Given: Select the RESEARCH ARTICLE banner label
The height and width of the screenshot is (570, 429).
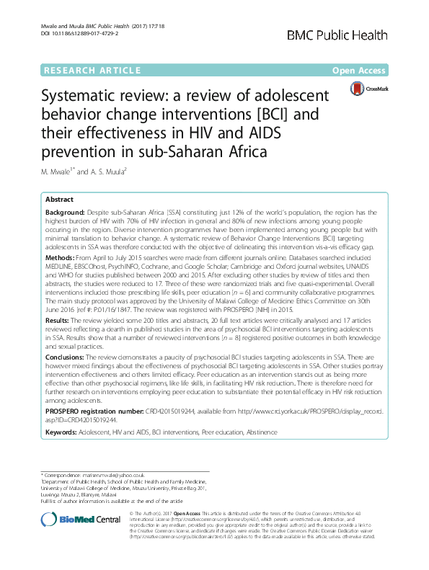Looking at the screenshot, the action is coord(93,71).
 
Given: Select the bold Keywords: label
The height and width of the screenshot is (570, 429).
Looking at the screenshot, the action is coord(63,432).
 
